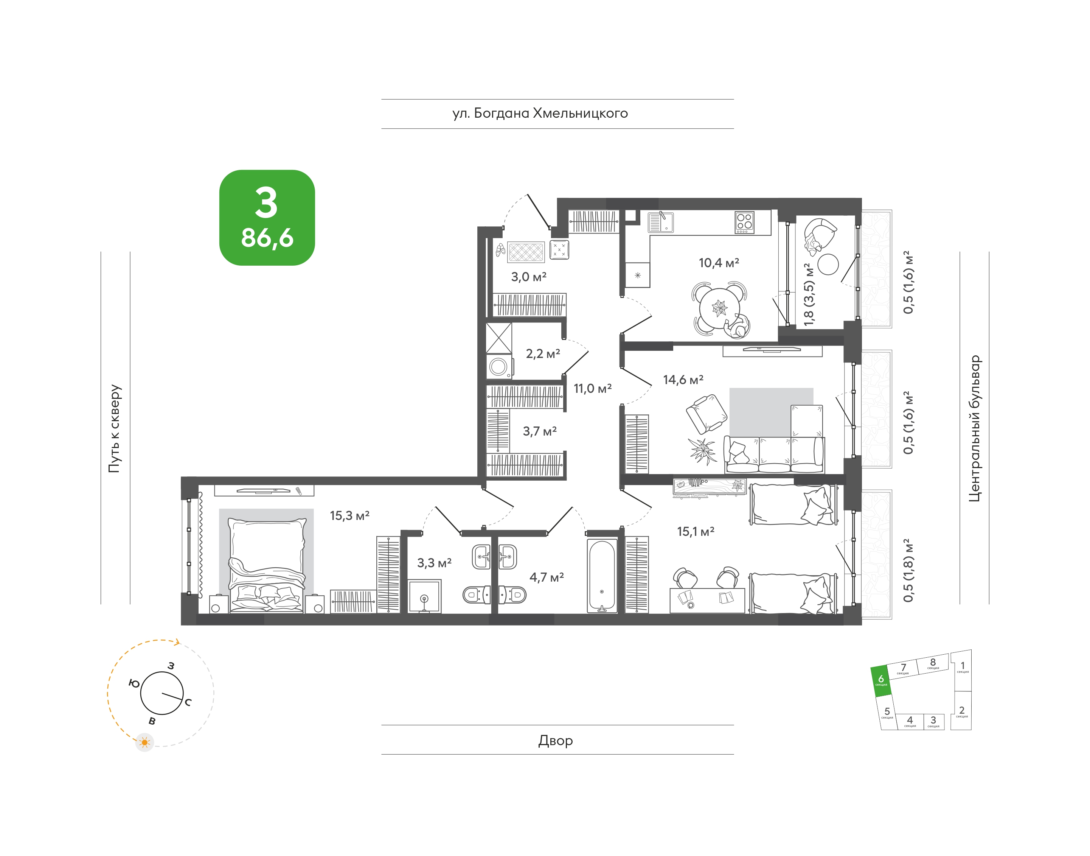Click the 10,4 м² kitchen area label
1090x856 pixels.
coord(719,263)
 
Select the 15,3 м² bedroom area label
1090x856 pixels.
coord(349,516)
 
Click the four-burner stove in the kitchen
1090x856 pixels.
coord(744,223)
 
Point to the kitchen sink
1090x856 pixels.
coord(661,223)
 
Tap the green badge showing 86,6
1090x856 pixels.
coord(267,218)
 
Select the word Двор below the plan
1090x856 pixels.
coord(556,740)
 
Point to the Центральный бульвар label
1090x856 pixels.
coord(974,428)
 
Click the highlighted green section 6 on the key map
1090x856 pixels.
coord(881,681)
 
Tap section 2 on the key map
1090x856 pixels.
coord(961,711)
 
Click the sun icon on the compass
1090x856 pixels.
coord(145,742)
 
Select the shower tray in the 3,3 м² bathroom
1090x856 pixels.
coord(424,596)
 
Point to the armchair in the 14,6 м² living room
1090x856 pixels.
coord(706,414)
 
